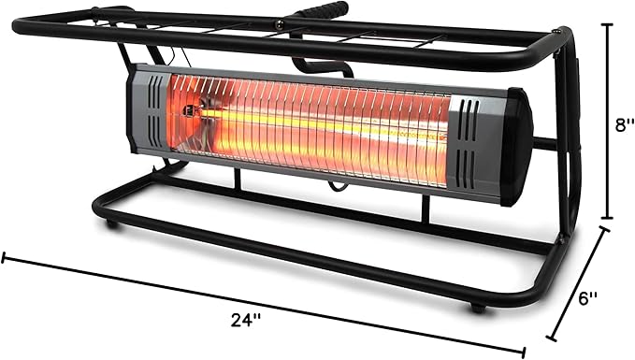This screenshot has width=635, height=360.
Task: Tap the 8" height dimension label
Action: point(618,125)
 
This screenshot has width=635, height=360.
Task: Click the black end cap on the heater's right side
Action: point(516,147)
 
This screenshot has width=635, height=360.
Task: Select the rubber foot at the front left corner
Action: point(112,224)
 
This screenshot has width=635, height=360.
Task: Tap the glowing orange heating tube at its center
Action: point(309,126)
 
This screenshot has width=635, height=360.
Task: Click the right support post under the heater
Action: point(426,208)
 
